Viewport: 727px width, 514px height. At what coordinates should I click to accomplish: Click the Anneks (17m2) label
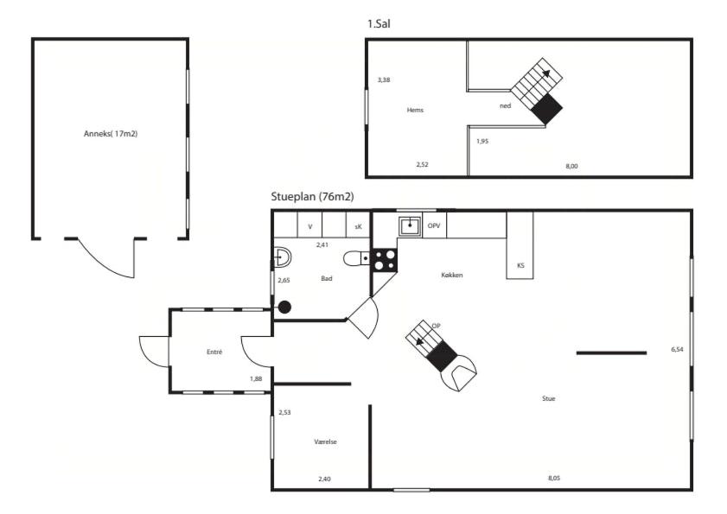coord(111,134)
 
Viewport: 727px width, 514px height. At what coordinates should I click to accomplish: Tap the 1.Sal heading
coord(379,23)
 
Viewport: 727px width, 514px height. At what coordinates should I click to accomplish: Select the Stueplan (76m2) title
coord(313,196)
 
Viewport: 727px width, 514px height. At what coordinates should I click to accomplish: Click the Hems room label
coord(415,110)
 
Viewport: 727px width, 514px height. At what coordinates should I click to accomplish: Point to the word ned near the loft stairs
coord(506,105)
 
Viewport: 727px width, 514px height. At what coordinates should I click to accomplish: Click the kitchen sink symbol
coord(410,225)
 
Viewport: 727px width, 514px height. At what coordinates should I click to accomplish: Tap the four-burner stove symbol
coord(385,260)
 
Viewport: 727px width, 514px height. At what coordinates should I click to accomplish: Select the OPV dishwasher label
coord(434,225)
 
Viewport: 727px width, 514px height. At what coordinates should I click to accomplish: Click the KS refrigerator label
coord(520,265)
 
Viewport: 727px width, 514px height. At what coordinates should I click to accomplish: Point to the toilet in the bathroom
coord(356,258)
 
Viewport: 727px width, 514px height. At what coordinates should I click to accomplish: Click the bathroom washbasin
coord(283,257)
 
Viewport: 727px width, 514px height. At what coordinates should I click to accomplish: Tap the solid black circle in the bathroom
coord(284,307)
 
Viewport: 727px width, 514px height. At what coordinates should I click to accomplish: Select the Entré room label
coord(214,352)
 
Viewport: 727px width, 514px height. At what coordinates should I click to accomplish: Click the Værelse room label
coord(326,441)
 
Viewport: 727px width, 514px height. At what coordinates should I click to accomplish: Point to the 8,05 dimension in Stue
coord(554,478)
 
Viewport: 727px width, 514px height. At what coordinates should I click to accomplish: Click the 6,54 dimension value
coord(677,350)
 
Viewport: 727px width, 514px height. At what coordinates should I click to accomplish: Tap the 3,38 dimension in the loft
coord(384,79)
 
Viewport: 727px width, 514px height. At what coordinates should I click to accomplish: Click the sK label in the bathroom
coord(358,226)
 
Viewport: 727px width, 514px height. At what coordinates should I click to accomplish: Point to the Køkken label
coord(452,275)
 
